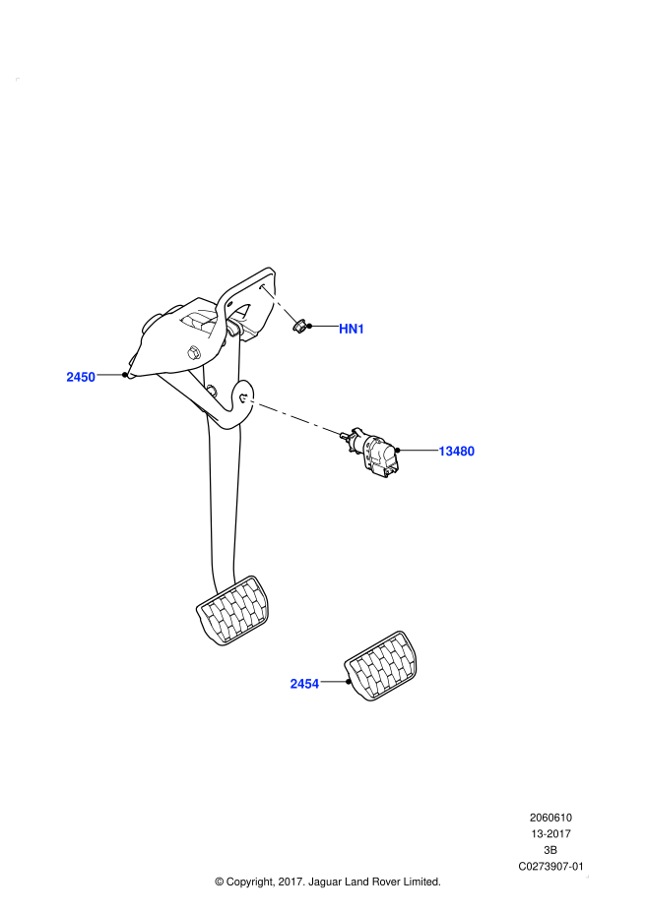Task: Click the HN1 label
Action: coord(352,329)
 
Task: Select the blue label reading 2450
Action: coord(81,377)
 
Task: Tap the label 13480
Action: coord(456,452)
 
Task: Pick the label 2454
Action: coord(304,684)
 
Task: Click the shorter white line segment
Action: coord(280,304)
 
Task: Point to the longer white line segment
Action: coord(291,416)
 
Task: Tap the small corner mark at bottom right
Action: coord(587,876)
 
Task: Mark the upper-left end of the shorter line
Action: coord(263,287)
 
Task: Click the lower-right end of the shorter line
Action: coord(295,321)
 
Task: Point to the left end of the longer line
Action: coord(245,399)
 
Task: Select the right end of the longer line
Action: coord(339,433)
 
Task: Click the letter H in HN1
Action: coord(345,329)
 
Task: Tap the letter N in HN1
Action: coord(353,329)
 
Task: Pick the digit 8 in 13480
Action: coord(463,452)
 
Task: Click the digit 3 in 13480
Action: coord(449,452)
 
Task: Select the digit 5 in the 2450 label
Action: coord(85,377)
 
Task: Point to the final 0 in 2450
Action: coord(92,377)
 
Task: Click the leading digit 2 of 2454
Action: coord(294,684)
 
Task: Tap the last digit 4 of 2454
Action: coord(315,684)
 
